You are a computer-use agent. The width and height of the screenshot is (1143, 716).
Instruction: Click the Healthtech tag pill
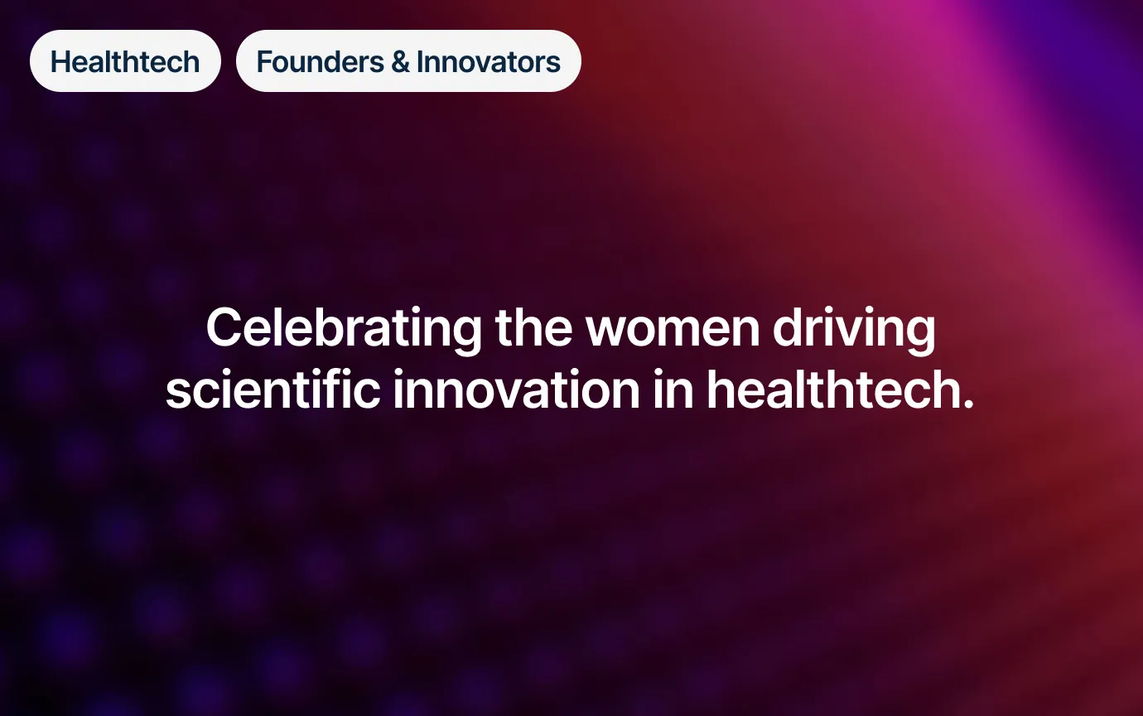[x=125, y=60]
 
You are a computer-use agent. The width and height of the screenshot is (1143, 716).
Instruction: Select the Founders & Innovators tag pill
[x=408, y=60]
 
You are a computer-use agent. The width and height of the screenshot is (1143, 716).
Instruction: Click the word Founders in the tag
[x=320, y=62]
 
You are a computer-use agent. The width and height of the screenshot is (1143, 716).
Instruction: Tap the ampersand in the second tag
[x=401, y=62]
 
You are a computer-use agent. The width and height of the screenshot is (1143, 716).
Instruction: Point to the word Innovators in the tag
[x=489, y=62]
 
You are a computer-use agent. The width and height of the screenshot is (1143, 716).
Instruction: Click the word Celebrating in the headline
[x=344, y=330]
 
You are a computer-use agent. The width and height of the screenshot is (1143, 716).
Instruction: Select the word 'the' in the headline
[x=533, y=327]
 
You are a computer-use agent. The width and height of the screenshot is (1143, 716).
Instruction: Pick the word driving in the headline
[x=854, y=330]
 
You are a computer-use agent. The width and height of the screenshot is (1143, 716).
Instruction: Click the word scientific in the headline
[x=273, y=389]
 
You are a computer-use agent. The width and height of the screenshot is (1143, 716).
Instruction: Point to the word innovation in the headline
[x=516, y=389]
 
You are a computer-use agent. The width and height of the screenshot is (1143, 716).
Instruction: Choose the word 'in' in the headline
[x=673, y=389]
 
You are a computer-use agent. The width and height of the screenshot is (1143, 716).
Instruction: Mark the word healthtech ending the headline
[x=832, y=389]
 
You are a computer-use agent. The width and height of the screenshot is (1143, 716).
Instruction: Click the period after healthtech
[x=968, y=404]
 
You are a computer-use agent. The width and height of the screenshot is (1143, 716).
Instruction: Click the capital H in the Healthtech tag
[x=60, y=62]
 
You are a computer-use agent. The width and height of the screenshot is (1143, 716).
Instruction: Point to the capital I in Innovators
[x=419, y=62]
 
